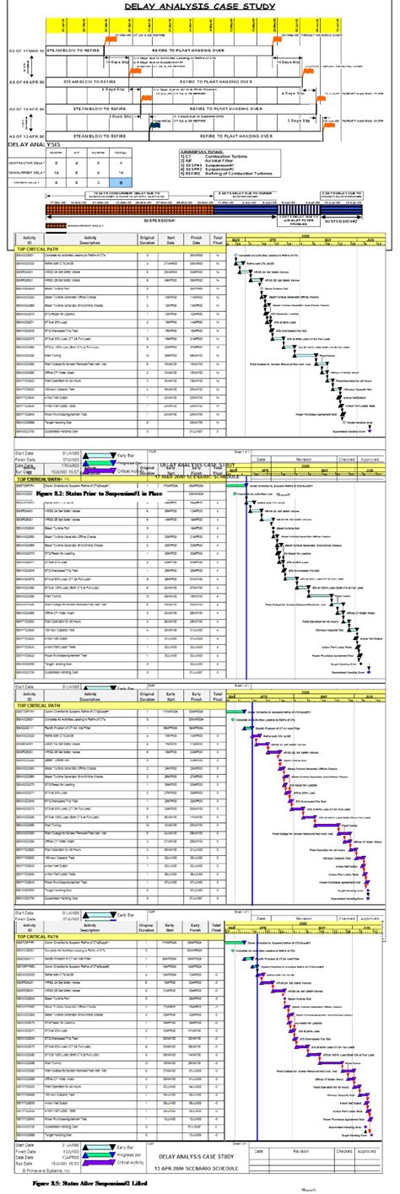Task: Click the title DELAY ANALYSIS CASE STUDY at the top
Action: tap(199, 6)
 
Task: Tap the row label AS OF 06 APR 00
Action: tap(21, 82)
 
